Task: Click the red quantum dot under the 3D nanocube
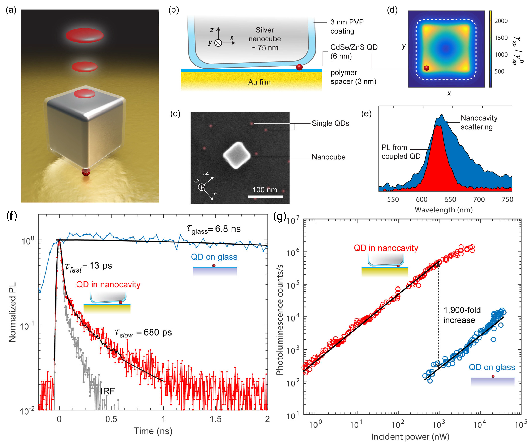(x=86, y=172)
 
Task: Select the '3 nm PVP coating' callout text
(x=347, y=27)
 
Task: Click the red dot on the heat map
(x=427, y=68)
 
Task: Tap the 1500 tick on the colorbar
(x=501, y=38)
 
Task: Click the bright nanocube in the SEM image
(x=237, y=155)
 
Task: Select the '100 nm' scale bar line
(x=265, y=196)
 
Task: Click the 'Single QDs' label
(x=330, y=123)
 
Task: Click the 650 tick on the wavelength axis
(x=450, y=200)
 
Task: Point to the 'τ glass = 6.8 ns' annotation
(x=214, y=229)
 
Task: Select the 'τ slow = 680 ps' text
(x=143, y=333)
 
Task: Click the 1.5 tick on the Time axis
(x=215, y=419)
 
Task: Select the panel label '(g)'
(x=280, y=216)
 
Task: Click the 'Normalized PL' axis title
(x=12, y=312)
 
